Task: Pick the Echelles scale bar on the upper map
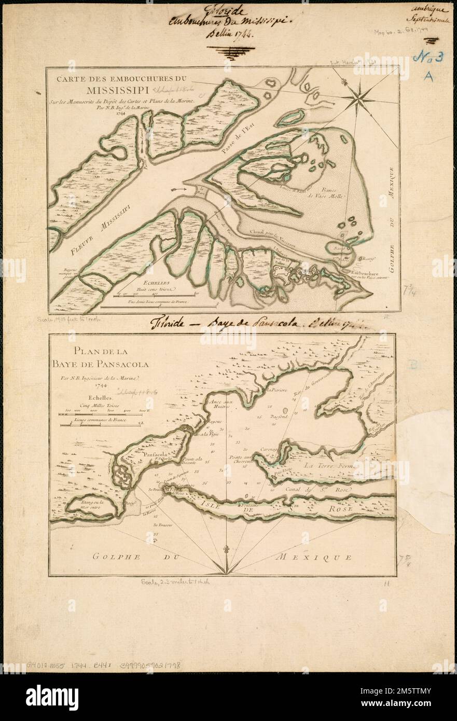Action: pyautogui.click(x=147, y=295)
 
